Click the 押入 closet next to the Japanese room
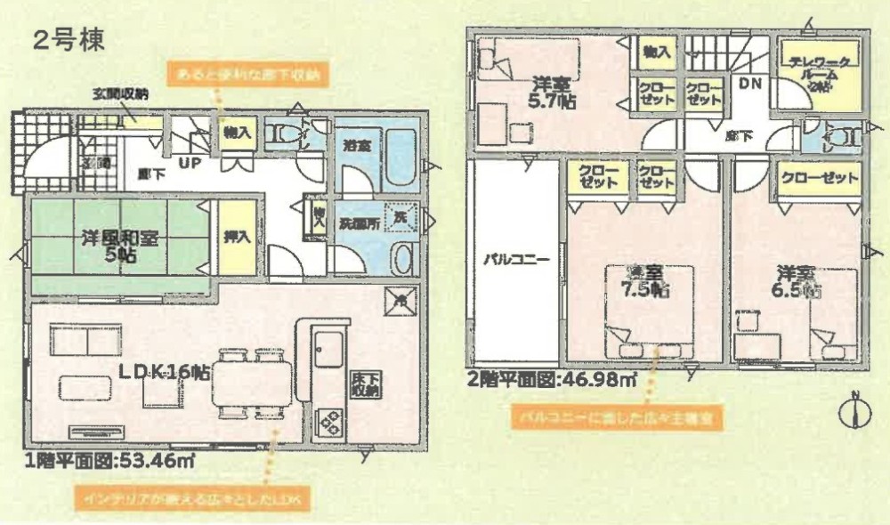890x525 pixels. pyautogui.click(x=238, y=238)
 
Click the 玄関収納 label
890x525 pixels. pyautogui.click(x=120, y=93)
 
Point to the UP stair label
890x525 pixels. pyautogui.click(x=190, y=163)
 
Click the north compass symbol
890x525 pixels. pyautogui.click(x=855, y=411)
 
